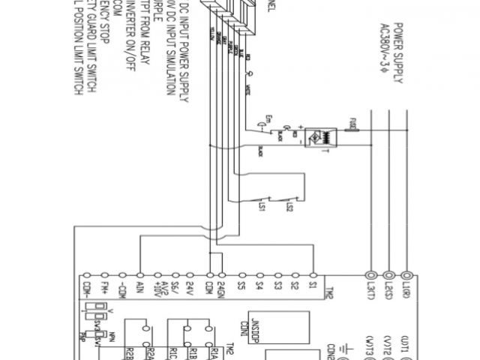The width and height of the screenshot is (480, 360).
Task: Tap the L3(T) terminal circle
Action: pos(371,276)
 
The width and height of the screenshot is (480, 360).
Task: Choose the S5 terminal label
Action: pos(241,286)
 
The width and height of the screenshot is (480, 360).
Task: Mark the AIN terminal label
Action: pos(139,286)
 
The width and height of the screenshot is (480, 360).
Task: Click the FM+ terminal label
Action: pos(103,287)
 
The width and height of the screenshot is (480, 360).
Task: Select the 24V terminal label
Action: pos(191,286)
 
